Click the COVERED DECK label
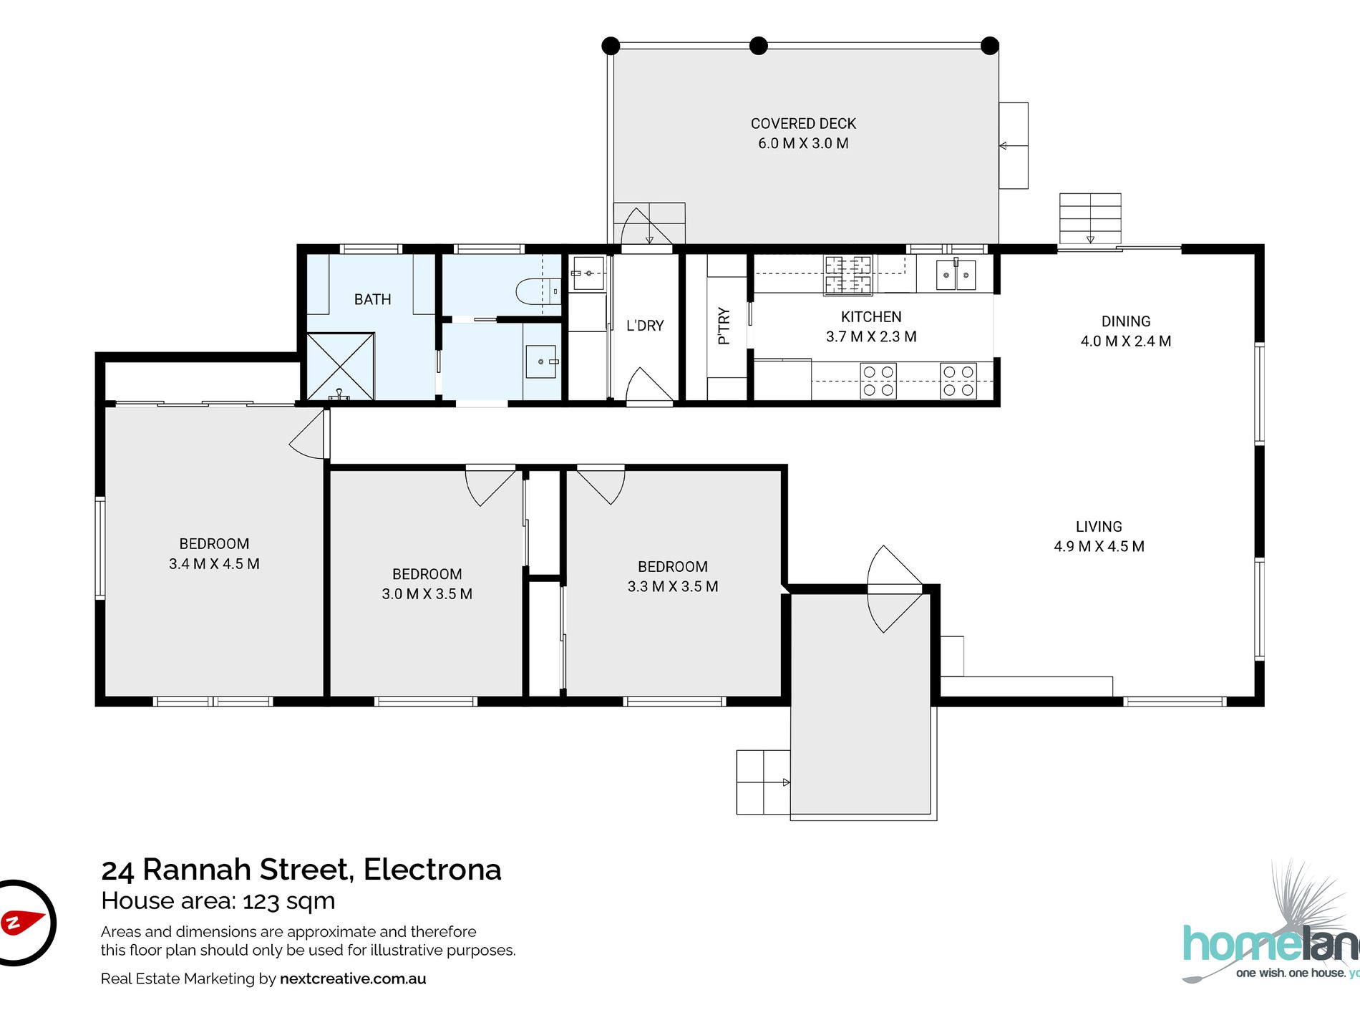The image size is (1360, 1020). coord(803,124)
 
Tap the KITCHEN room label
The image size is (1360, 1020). coord(871,317)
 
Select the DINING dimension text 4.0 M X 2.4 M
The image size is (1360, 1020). coord(1126,341)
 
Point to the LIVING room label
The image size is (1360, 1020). coord(1099,527)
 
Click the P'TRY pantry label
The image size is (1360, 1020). coord(724,326)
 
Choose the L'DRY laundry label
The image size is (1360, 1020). coord(645,326)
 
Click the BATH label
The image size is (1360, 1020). coord(373,299)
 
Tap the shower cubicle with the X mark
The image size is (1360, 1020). coord(341,366)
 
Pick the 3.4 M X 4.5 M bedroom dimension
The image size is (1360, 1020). coord(214,564)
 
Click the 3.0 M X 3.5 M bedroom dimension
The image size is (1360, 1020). coord(427,594)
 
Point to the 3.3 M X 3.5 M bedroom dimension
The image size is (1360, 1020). coord(673,587)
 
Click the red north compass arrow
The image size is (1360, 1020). coord(21,922)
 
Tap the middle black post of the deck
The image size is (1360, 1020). coord(758,46)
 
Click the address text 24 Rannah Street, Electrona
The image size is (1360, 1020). coord(301,870)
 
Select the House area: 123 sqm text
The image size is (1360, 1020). coord(218,901)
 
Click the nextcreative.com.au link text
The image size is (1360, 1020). coord(353,979)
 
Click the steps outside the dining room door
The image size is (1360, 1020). coord(1090,219)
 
